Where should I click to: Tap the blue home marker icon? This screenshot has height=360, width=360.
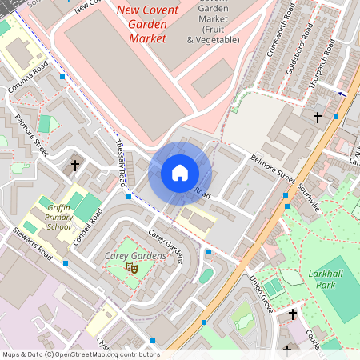(x=180, y=173)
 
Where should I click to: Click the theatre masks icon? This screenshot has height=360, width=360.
(x=133, y=269)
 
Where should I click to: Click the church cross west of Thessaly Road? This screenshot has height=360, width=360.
(x=75, y=166)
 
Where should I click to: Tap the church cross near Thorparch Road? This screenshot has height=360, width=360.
(x=317, y=118)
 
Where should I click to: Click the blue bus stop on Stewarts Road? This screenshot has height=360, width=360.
(x=66, y=262)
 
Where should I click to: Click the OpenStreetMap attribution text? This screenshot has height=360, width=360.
(x=80, y=354)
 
